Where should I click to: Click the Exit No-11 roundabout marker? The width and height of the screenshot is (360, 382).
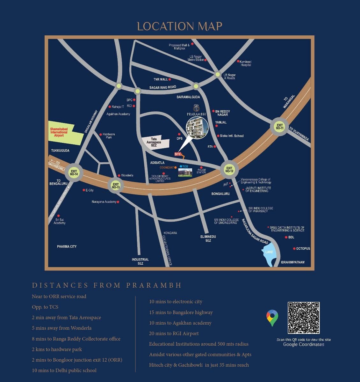point(279,127)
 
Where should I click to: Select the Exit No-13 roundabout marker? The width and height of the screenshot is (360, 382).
point(116,185)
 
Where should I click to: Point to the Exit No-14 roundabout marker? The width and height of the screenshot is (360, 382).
point(74,173)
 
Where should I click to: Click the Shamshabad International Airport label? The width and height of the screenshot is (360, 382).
point(59,132)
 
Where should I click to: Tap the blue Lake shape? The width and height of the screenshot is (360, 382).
point(269,253)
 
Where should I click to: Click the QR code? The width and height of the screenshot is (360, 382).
point(304,318)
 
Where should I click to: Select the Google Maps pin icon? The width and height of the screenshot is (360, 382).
point(272,318)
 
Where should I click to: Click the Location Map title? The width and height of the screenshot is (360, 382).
point(180,26)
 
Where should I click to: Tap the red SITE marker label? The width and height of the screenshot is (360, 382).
point(178,154)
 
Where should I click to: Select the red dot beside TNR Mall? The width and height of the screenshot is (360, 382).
point(170,79)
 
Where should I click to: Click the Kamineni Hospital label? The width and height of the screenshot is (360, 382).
point(246,63)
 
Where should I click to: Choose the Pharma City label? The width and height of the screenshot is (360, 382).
point(67,246)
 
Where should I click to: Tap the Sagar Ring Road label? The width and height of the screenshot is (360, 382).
point(162,87)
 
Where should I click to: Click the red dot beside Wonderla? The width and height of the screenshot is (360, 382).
point(119,175)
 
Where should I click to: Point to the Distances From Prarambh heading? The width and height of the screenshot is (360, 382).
point(107,285)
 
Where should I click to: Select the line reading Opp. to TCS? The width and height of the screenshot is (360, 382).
point(45,307)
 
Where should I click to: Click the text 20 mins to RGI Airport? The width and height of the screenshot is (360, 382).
point(174,334)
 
